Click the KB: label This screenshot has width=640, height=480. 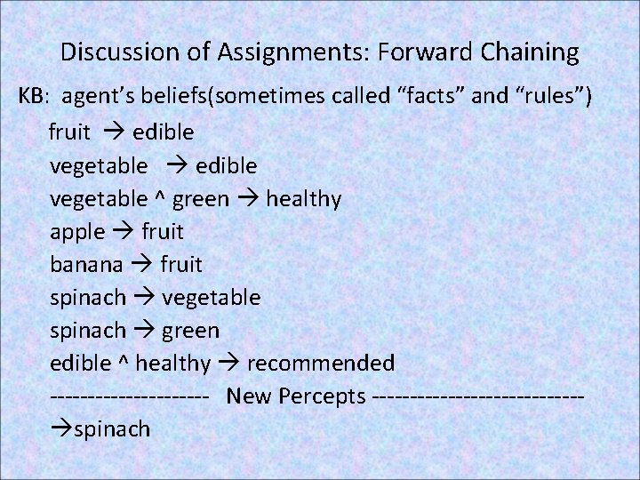tap(36, 100)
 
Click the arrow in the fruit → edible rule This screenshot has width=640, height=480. tap(110, 133)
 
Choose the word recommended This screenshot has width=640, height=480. tap(321, 364)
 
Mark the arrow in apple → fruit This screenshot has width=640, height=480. tap(120, 232)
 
